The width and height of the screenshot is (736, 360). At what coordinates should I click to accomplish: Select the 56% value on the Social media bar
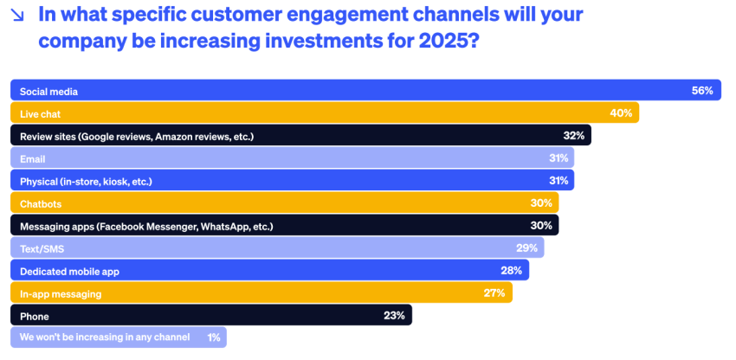pos(702,91)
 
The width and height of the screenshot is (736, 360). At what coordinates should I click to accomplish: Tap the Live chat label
pos(40,113)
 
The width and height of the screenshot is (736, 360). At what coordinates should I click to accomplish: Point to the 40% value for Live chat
pos(621,113)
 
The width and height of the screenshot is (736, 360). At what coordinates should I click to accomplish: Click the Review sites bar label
pos(136,136)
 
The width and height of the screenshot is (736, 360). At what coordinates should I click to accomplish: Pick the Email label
pos(32,158)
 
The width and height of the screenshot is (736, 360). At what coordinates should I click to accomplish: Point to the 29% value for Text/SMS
pos(526,248)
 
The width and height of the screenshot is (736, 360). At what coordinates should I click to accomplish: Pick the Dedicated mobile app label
pos(69,271)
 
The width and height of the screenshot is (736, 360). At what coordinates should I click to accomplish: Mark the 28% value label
pos(511,271)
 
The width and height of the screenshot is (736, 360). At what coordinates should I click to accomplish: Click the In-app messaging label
pos(61,293)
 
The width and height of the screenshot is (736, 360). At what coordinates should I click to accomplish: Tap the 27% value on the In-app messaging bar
pos(494,293)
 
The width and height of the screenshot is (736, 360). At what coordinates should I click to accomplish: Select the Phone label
pos(34,316)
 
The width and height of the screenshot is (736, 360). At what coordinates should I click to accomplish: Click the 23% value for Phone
pos(394,316)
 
